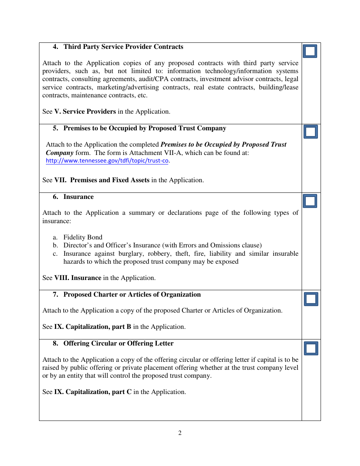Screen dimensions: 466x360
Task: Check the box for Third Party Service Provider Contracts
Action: (x=310, y=51)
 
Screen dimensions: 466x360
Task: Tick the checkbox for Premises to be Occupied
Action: (x=311, y=132)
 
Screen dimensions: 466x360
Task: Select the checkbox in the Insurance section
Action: (x=310, y=201)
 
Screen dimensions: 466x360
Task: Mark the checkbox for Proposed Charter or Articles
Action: (x=311, y=299)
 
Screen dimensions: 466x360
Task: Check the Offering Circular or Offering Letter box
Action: (x=311, y=348)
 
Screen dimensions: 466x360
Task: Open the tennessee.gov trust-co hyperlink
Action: (x=107, y=161)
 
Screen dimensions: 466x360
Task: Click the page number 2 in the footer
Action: (x=180, y=433)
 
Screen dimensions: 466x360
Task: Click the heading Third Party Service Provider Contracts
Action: (x=123, y=47)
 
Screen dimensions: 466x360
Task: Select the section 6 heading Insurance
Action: (x=78, y=197)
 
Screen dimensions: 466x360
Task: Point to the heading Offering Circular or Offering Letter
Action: (x=118, y=344)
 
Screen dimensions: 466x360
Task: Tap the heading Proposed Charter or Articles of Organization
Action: (x=132, y=295)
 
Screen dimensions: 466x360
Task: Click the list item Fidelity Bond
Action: (x=83, y=238)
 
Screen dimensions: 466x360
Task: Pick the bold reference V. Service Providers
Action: (x=85, y=112)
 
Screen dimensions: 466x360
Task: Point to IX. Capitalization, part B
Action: (x=92, y=327)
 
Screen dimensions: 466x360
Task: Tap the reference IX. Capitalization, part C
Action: (x=93, y=392)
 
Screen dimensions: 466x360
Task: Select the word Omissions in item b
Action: (x=224, y=246)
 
